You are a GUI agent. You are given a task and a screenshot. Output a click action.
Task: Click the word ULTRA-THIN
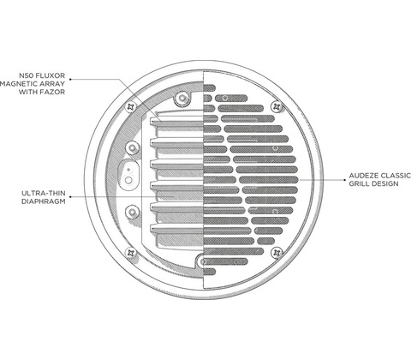point(44,193)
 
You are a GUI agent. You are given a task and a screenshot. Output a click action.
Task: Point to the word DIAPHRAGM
point(44,201)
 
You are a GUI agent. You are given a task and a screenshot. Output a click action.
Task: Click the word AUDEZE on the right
point(363,176)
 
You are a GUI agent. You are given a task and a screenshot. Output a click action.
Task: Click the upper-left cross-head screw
point(131,107)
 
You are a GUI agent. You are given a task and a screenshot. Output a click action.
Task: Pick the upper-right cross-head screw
point(277,106)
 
